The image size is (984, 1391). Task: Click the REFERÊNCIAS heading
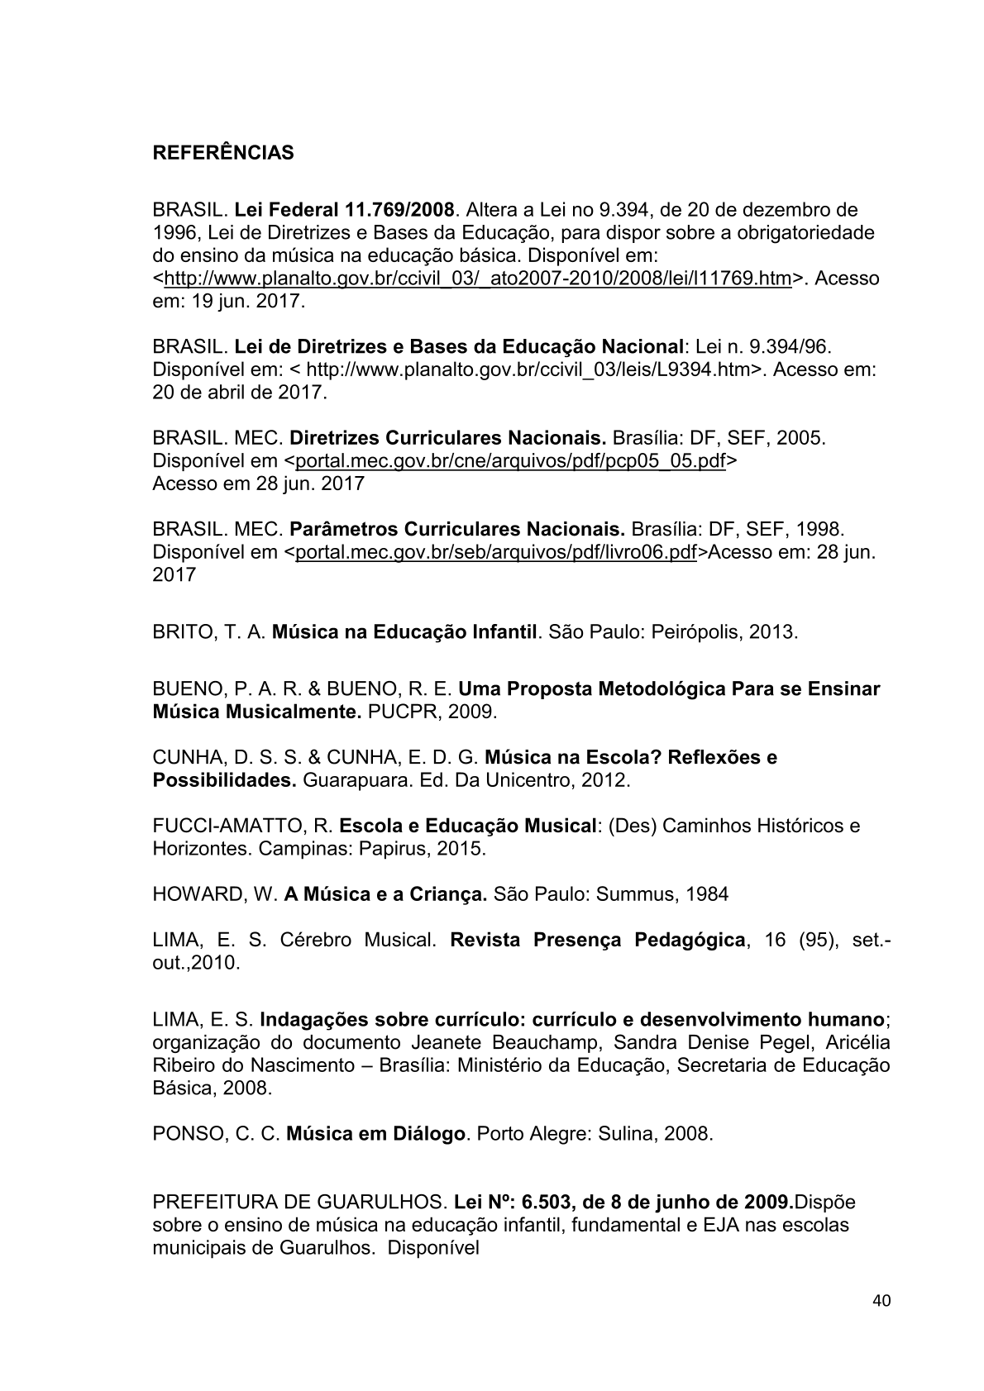[222, 154]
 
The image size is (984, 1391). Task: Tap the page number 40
[881, 1301]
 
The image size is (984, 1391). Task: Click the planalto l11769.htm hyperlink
[477, 278]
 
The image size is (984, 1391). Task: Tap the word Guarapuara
[355, 779]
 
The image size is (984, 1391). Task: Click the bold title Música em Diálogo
[375, 1133]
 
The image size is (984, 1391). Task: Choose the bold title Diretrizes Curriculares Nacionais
[448, 437]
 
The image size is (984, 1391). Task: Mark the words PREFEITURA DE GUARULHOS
[299, 1202]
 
